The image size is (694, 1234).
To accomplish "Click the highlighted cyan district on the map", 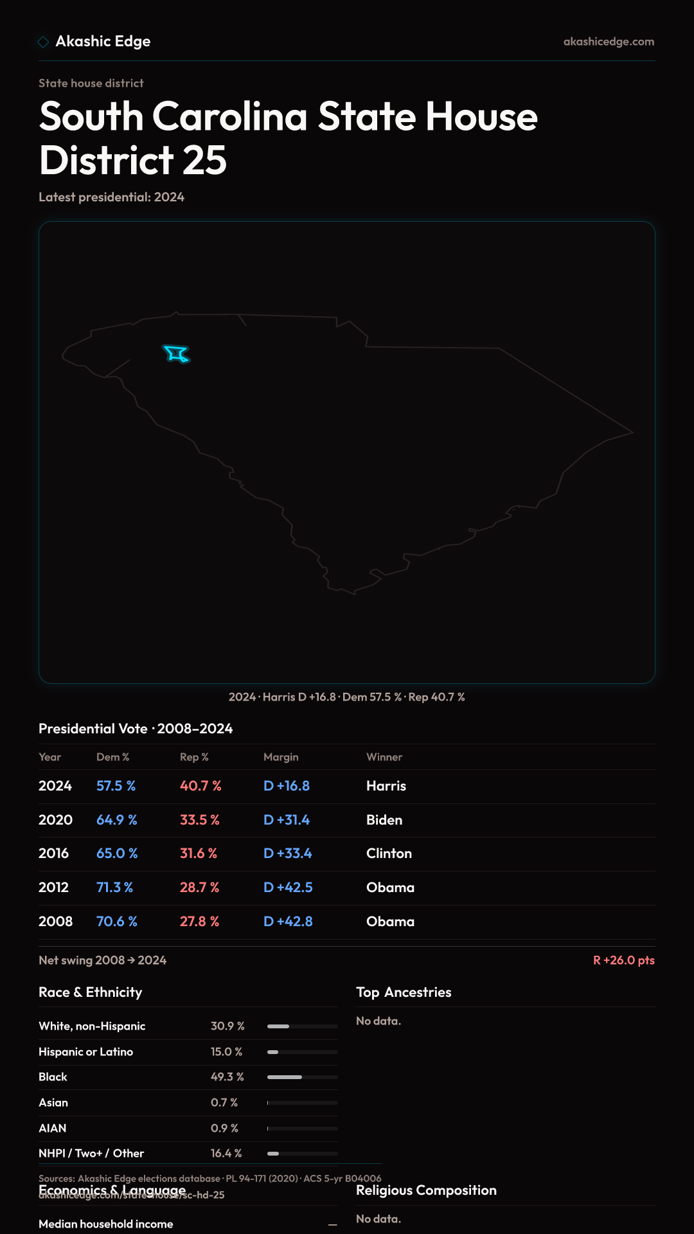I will (x=176, y=353).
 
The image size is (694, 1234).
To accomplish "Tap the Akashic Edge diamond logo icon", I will (x=43, y=42).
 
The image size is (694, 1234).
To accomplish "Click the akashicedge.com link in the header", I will (x=609, y=42).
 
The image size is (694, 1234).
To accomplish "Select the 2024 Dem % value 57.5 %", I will (x=116, y=786).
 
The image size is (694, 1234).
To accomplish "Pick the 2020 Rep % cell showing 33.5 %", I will (x=199, y=820).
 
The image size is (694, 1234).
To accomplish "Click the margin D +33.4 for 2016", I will (x=287, y=854).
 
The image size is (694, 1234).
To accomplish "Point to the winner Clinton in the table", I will (x=389, y=854).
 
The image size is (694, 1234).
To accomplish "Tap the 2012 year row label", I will (x=53, y=888).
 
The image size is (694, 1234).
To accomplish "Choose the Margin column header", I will (x=281, y=757).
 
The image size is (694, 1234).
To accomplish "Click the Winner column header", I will (x=384, y=757).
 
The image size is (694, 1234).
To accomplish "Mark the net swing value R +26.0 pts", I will (x=623, y=960).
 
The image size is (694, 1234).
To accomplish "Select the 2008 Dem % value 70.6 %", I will (x=116, y=922).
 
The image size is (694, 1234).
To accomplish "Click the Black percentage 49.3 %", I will (x=227, y=1077).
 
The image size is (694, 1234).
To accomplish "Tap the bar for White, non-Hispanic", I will (x=302, y=1026).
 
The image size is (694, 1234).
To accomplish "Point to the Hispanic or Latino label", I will (x=85, y=1052).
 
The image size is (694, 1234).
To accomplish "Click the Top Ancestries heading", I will (x=404, y=992).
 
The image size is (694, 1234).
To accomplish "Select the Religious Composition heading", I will (x=426, y=1190).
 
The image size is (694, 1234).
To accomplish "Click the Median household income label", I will (x=105, y=1224).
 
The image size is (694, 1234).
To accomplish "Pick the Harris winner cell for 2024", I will (x=386, y=786).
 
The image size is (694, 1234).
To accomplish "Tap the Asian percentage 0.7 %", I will (x=224, y=1103).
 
